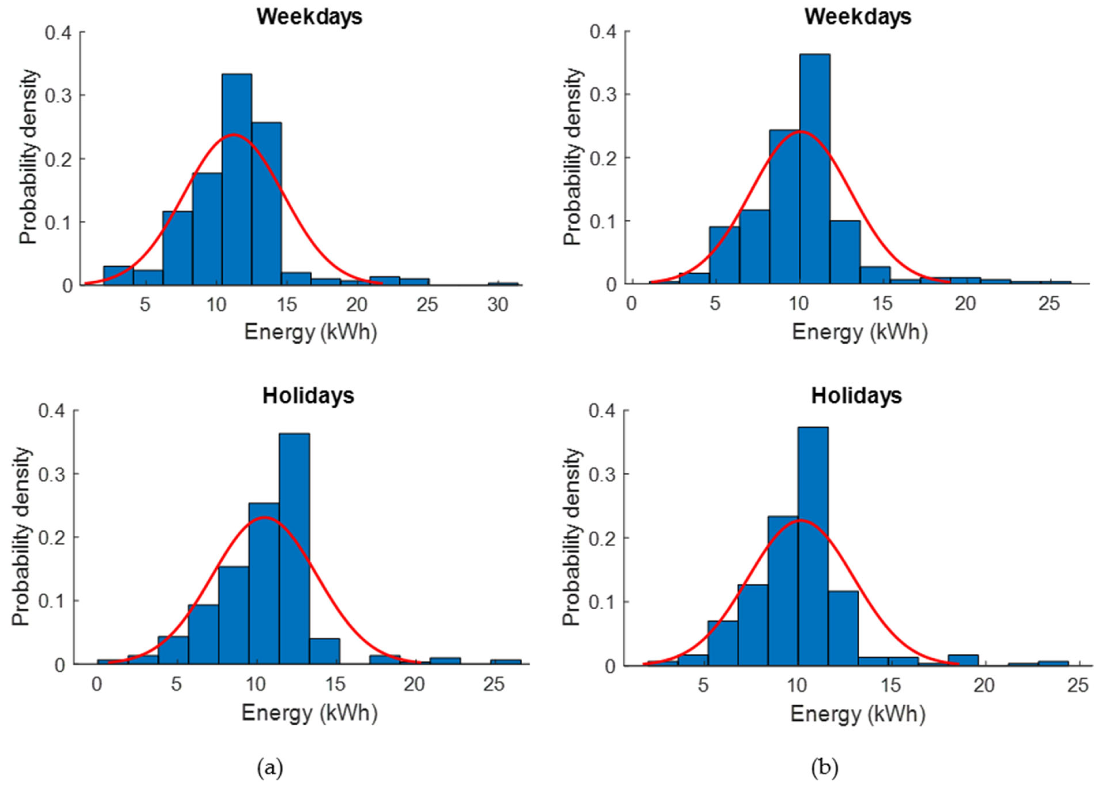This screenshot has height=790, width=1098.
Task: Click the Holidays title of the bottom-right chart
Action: click(x=856, y=396)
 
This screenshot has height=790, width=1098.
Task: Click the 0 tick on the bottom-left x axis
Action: click(x=97, y=684)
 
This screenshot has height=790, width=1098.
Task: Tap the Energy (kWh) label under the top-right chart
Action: click(x=859, y=333)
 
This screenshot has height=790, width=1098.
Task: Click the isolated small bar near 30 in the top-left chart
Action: click(x=502, y=284)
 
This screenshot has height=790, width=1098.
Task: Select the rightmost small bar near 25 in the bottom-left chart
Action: click(x=505, y=662)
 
